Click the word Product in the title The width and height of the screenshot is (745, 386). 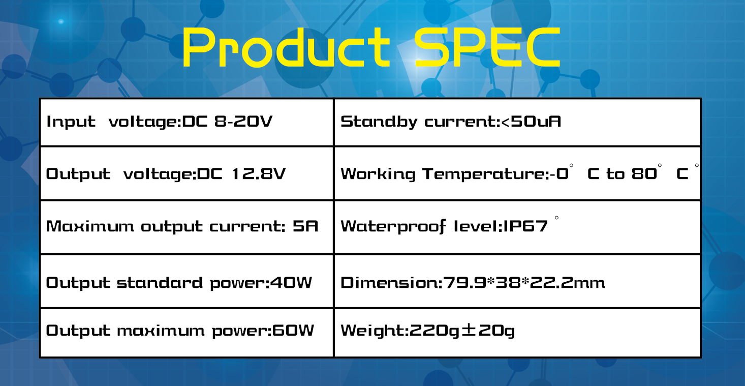pyautogui.click(x=286, y=47)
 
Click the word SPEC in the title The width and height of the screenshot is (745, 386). pyautogui.click(x=487, y=47)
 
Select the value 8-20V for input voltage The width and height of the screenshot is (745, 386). pyautogui.click(x=243, y=121)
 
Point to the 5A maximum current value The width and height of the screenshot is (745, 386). pyautogui.click(x=305, y=226)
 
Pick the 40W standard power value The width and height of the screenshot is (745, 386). pyautogui.click(x=291, y=282)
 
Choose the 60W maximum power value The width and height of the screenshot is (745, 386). pyautogui.click(x=293, y=330)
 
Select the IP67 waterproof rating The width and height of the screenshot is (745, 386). pyautogui.click(x=525, y=226)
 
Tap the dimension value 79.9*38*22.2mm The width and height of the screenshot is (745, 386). pyautogui.click(x=524, y=282)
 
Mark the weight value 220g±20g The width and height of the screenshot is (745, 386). pyautogui.click(x=461, y=331)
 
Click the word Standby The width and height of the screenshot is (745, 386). pyautogui.click(x=379, y=122)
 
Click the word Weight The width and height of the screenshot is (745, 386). pyautogui.click(x=372, y=331)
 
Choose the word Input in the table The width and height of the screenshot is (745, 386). pyautogui.click(x=71, y=122)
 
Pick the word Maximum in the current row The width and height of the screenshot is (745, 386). pyautogui.click(x=90, y=226)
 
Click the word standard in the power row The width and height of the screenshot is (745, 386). pyautogui.click(x=160, y=282)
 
